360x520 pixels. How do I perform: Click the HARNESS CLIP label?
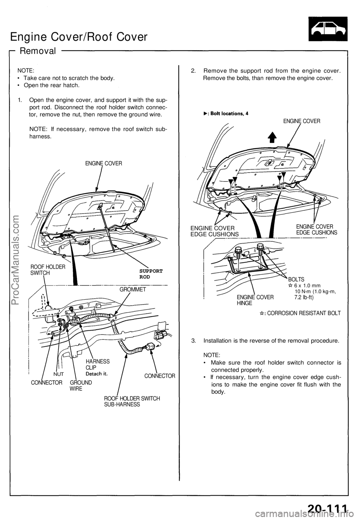pyautogui.click(x=97, y=364)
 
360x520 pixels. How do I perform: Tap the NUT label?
pyautogui.click(x=58, y=374)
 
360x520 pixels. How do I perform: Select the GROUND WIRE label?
pyautogui.click(x=81, y=386)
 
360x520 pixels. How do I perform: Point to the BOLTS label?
pyautogui.click(x=296, y=279)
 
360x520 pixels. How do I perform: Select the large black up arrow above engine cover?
pyautogui.click(x=272, y=137)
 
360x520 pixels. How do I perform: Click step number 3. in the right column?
pyautogui.click(x=193, y=341)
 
